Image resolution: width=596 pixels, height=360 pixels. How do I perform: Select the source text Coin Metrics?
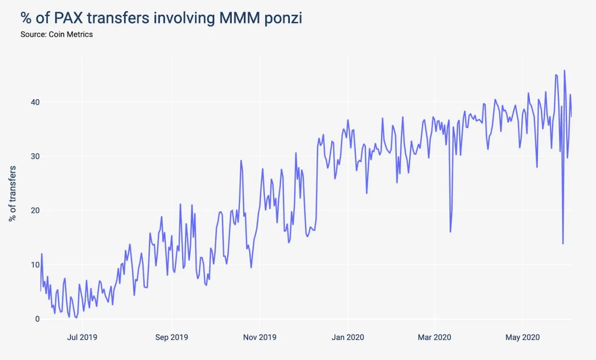(x=70, y=34)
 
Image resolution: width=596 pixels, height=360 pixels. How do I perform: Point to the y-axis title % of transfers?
(x=12, y=193)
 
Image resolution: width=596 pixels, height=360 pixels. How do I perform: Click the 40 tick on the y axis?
(x=35, y=102)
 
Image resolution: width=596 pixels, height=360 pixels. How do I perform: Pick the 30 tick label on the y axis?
(x=35, y=156)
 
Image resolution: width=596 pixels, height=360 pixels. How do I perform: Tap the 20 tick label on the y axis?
(x=35, y=210)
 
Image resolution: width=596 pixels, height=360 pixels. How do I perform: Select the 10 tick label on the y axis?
(x=35, y=265)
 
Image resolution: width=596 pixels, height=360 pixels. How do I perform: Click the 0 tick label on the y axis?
(x=37, y=319)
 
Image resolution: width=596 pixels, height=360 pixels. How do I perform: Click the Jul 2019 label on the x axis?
(x=82, y=337)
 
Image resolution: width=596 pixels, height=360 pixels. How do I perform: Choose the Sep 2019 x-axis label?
(x=172, y=337)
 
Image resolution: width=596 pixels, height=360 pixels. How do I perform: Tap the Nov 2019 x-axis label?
(x=260, y=337)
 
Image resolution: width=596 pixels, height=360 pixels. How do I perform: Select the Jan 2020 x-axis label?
(x=348, y=337)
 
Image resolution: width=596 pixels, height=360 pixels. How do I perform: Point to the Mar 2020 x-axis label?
(x=434, y=337)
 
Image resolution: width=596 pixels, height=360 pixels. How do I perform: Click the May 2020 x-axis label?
(x=522, y=337)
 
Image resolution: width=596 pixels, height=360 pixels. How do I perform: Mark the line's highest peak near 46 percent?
(x=564, y=70)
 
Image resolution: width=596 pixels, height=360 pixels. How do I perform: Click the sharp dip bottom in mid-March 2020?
(x=450, y=232)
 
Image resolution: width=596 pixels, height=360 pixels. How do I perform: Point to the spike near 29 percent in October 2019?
(x=241, y=161)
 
